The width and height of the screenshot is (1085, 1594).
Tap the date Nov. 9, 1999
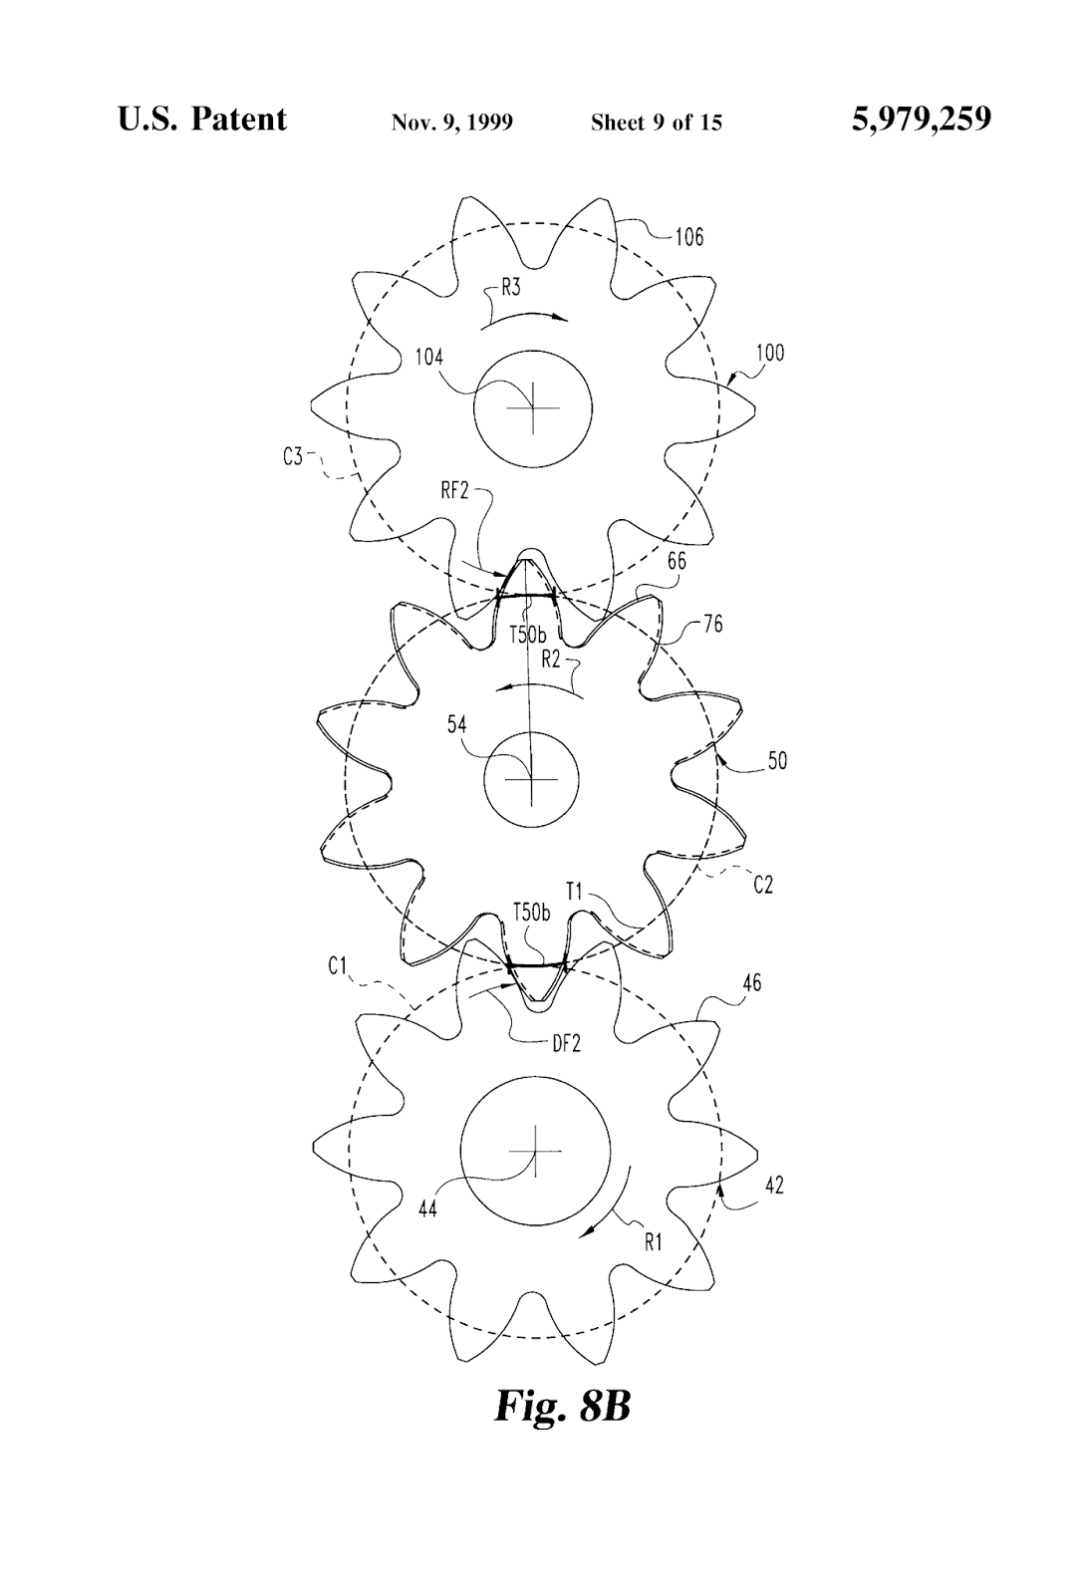[x=451, y=123]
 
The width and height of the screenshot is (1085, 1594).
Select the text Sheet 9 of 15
[x=656, y=123]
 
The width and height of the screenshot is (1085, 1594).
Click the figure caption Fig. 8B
[x=562, y=1405]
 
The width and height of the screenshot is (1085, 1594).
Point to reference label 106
[x=688, y=236]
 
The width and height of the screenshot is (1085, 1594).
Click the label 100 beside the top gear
[x=769, y=353]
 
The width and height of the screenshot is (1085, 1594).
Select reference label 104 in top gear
[x=429, y=358]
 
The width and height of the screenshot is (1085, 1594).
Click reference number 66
[x=677, y=561]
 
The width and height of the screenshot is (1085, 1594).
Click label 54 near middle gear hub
[x=456, y=724]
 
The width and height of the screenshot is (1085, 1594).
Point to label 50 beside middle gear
[x=777, y=760]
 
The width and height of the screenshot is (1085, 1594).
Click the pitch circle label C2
[x=762, y=884]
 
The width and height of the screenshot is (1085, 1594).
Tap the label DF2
[x=565, y=1043]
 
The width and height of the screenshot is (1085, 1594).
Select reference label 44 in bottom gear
[x=428, y=1209]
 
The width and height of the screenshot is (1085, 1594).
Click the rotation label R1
[x=654, y=1242]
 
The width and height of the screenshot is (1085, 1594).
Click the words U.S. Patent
[x=201, y=120]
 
